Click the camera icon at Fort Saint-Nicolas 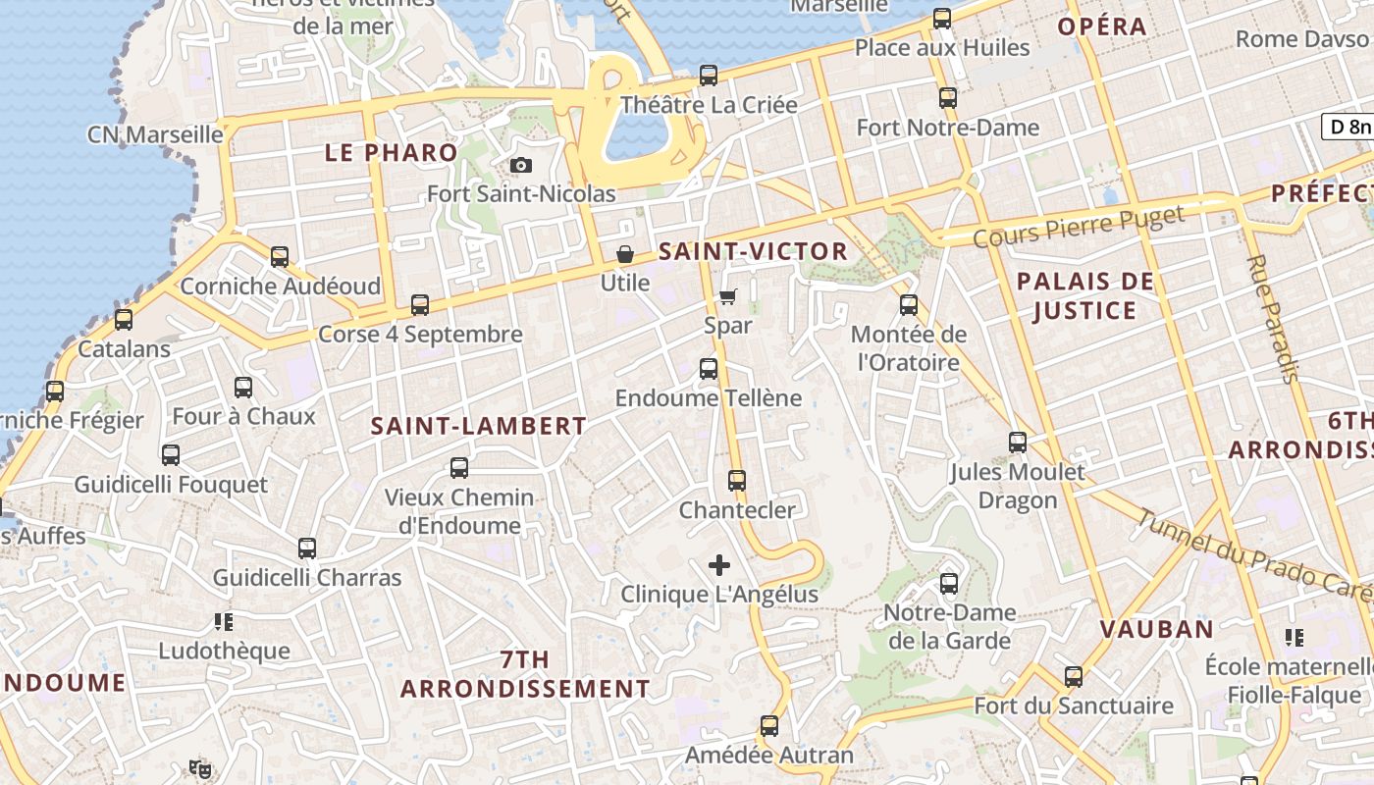point(521,165)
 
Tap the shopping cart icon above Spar point(728,296)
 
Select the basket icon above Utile point(625,255)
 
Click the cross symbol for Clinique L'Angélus point(719,565)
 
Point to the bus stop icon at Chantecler point(737,481)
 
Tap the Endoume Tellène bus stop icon point(709,369)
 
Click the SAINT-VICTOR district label point(753,251)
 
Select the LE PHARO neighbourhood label point(392,153)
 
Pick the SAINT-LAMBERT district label point(479,426)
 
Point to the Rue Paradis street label point(1273,319)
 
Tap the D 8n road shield point(1348,127)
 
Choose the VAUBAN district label point(1156,629)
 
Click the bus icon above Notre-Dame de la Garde point(949,584)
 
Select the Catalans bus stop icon point(124,320)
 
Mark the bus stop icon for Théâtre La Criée point(709,76)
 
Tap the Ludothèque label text point(225,651)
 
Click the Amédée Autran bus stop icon point(769,727)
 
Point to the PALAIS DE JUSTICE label point(1084,296)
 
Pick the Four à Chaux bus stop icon point(243,388)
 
